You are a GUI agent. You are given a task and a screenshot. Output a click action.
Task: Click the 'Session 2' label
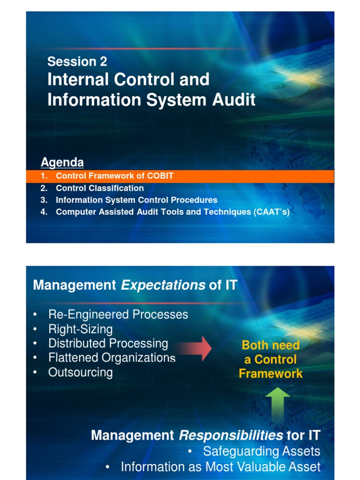[x=77, y=61]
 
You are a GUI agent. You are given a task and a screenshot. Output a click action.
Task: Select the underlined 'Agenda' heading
[x=62, y=163]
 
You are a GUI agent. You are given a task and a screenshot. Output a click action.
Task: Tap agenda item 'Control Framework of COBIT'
[x=114, y=176]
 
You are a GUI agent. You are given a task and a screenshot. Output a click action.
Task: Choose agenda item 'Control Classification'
[x=99, y=188]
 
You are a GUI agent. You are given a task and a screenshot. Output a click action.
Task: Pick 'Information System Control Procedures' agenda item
[x=136, y=200]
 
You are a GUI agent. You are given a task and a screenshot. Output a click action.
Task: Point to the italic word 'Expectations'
[x=163, y=285]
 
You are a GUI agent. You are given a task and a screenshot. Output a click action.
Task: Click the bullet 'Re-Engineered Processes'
[x=118, y=314]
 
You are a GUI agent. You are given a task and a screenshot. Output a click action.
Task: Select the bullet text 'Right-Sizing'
[x=80, y=329]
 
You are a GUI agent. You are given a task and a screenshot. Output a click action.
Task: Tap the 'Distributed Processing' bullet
[x=108, y=343]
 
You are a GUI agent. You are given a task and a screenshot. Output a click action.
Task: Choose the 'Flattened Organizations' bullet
[x=112, y=358]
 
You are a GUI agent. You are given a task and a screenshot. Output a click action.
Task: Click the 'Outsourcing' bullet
[x=80, y=372]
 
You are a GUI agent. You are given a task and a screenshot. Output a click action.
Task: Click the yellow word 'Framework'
[x=270, y=374]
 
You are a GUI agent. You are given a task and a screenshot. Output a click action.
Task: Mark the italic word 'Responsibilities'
[x=231, y=435]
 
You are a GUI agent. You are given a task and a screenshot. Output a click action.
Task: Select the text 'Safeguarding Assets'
[x=262, y=451]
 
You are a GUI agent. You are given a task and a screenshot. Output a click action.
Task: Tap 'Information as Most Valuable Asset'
[x=220, y=467]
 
